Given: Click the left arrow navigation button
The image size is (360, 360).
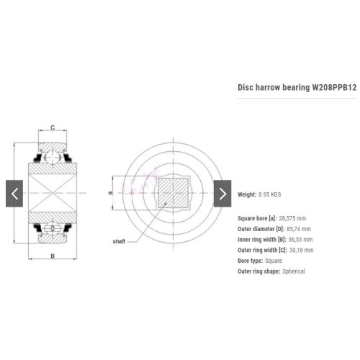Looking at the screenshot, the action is click(14, 194).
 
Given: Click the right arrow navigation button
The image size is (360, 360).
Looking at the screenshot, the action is click(222, 194).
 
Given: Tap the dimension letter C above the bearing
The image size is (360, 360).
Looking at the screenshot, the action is click(53, 127).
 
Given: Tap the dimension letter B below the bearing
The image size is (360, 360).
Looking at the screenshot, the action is click(53, 256).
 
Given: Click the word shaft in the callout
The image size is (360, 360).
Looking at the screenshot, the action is click(119, 241).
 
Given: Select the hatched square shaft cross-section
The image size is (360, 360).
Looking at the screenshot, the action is click(173, 193).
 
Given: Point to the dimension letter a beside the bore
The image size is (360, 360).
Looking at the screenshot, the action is click(110, 193).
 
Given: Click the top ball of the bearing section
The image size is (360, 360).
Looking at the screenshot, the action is click(53, 157).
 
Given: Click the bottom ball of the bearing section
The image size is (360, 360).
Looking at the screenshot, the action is click(53, 229).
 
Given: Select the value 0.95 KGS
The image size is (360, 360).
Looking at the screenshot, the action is click(270, 194).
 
